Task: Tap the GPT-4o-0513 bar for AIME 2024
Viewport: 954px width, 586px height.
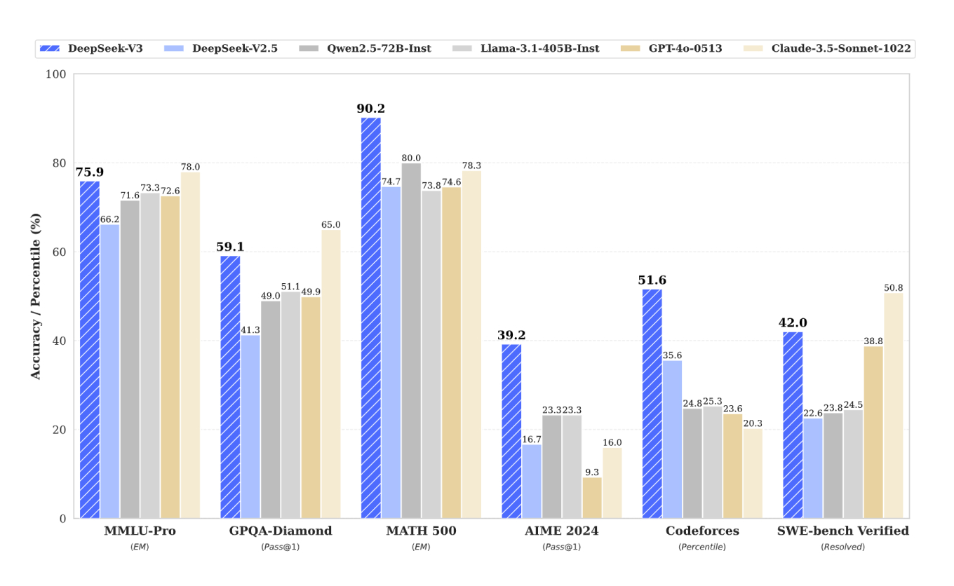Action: click(x=592, y=497)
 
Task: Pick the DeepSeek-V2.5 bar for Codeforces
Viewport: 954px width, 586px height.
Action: click(x=672, y=439)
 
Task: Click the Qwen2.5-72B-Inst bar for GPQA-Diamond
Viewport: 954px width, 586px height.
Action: click(x=271, y=409)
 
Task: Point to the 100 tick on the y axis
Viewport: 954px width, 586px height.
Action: click(x=56, y=74)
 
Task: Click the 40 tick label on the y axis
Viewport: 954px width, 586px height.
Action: click(x=59, y=341)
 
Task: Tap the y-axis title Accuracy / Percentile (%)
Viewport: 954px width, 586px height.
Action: click(x=36, y=296)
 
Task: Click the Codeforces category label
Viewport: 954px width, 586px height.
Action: click(x=702, y=531)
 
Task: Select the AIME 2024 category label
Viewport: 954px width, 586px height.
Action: click(x=561, y=531)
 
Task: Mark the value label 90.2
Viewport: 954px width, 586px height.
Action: click(x=371, y=109)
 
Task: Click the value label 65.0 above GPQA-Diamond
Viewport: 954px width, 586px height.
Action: click(x=331, y=225)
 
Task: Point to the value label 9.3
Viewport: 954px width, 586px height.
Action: click(x=592, y=471)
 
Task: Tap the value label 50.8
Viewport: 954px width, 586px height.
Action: click(x=893, y=287)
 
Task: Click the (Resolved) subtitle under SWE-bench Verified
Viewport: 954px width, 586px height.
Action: click(x=842, y=547)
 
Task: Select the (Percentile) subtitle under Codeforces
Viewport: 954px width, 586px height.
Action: click(x=702, y=547)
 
